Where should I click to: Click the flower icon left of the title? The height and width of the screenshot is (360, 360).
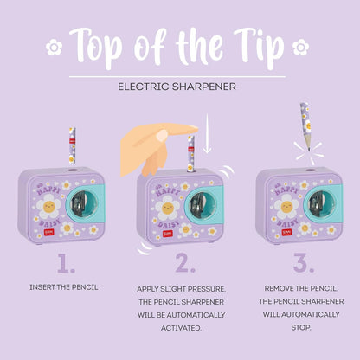[54, 48]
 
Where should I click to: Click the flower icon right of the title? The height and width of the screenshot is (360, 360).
[300, 48]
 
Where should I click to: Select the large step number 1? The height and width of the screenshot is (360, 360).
[66, 263]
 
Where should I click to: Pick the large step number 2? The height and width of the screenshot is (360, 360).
[185, 263]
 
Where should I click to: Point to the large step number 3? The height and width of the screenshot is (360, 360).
[304, 263]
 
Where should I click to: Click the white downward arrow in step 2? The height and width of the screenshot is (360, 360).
[207, 133]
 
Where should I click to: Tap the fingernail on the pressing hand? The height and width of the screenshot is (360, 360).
[162, 135]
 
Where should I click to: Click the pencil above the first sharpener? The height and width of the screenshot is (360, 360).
[72, 146]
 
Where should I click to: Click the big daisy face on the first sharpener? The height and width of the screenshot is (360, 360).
[48, 206]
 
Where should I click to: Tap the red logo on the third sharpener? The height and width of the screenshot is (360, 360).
[286, 232]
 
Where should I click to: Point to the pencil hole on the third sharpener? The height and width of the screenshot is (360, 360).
[310, 170]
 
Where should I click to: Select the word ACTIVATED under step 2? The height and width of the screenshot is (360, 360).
[181, 328]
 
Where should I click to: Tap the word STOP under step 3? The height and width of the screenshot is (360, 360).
[301, 327]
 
